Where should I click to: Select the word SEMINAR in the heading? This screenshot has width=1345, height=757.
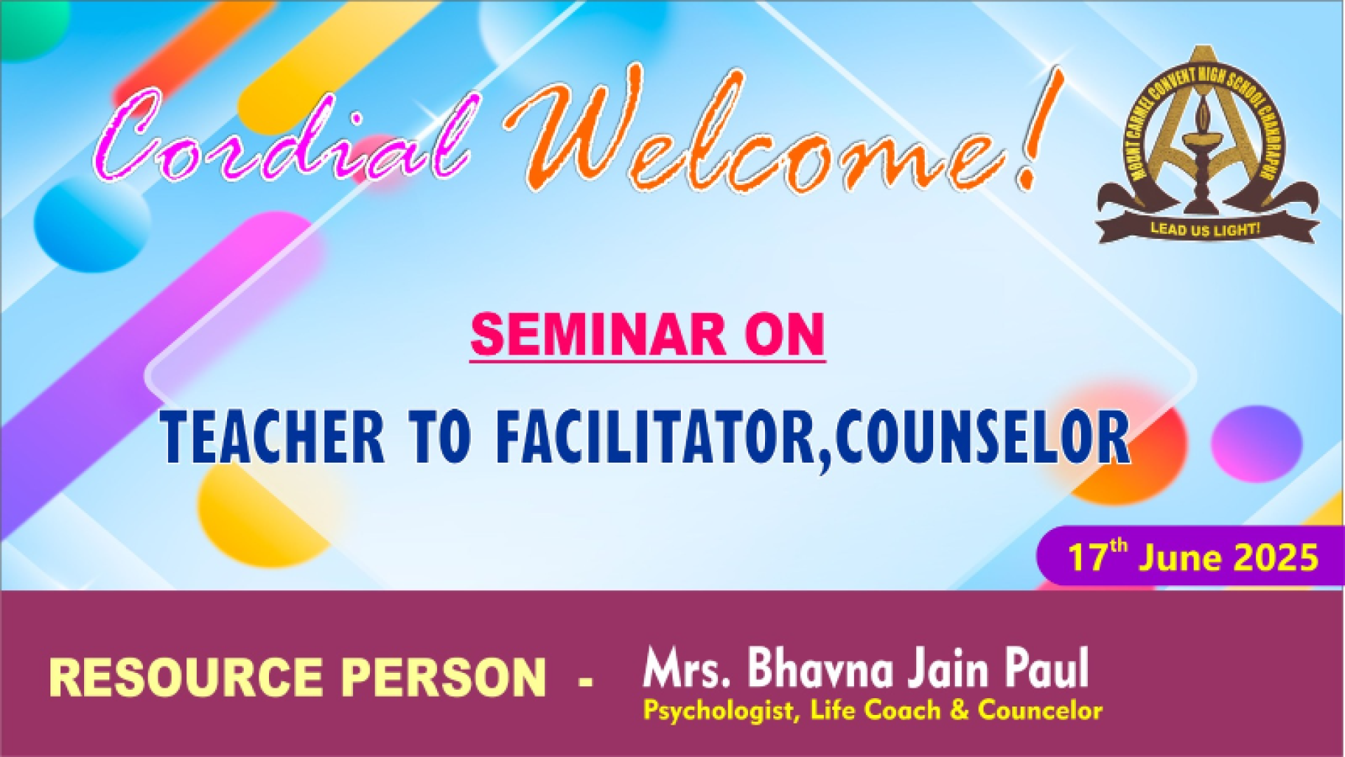pyautogui.click(x=598, y=335)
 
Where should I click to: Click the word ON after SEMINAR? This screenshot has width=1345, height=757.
pyautogui.click(x=785, y=335)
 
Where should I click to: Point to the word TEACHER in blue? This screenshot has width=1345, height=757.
pyautogui.click(x=273, y=436)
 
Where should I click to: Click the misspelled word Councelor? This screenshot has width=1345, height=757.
pyautogui.click(x=1040, y=710)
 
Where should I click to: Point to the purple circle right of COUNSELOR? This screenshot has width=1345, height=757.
pyautogui.click(x=1257, y=444)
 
